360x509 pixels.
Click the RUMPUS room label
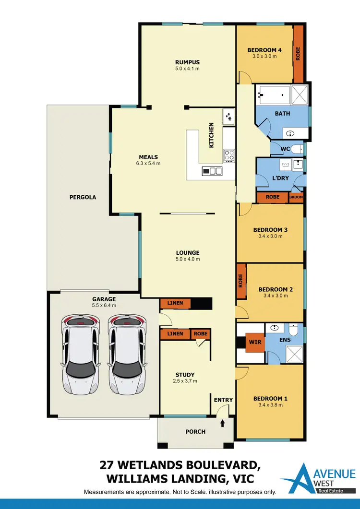click(187, 62)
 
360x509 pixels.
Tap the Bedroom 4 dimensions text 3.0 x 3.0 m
click(264, 57)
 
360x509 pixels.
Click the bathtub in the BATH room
click(273, 95)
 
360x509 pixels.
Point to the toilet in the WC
click(296, 149)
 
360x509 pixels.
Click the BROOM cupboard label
click(296, 197)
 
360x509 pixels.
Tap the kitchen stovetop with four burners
click(229, 155)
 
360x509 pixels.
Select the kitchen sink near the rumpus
click(228, 116)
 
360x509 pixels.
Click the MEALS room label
click(148, 157)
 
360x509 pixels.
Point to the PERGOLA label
click(83, 197)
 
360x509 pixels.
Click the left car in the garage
click(81, 355)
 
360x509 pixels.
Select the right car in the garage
click(126, 355)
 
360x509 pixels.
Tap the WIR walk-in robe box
click(254, 343)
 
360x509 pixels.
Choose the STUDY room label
click(185, 375)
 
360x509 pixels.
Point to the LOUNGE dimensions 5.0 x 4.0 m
click(187, 259)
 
